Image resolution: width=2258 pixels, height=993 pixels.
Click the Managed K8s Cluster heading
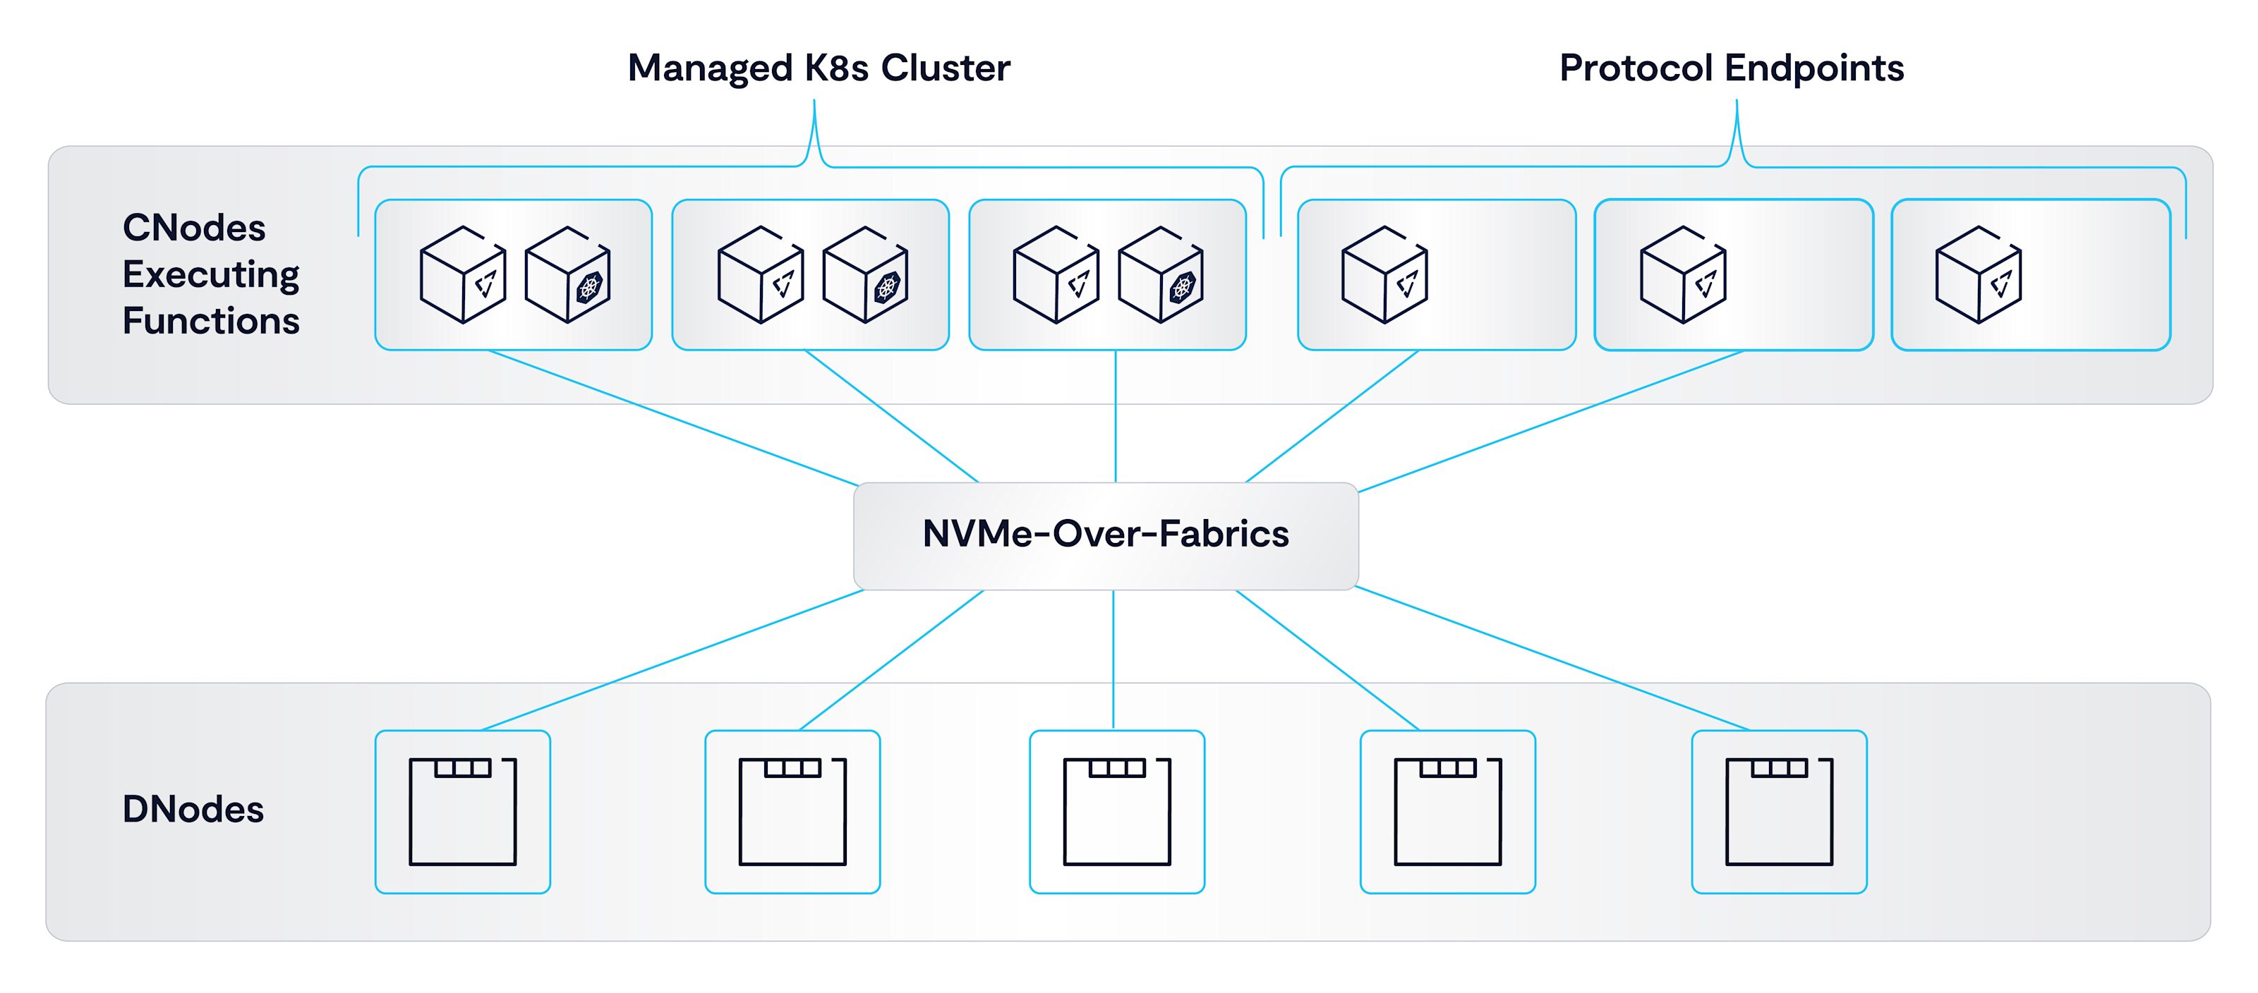819,68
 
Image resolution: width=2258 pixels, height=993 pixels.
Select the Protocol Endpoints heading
1731,68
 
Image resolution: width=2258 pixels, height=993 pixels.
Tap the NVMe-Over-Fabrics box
1105,535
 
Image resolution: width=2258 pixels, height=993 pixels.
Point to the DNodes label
193,809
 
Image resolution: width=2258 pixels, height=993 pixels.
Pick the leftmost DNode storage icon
463,812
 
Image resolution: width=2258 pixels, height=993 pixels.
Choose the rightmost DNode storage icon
1780,812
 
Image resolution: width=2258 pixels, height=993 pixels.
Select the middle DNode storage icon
1117,812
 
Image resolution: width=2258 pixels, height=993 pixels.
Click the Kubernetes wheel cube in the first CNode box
567,275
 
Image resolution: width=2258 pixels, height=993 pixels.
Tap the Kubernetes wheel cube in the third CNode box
1161,275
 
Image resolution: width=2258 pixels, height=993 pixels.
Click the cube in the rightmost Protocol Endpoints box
1979,275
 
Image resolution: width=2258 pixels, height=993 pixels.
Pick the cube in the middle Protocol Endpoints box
1683,275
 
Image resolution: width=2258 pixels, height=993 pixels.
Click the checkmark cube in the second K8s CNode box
760,275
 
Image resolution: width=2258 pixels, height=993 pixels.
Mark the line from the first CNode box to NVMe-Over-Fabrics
673,418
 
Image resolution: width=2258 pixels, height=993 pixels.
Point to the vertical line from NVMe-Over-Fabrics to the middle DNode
1113,659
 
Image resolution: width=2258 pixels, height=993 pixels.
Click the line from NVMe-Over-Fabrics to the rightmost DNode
1552,658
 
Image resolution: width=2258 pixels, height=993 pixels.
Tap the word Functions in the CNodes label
210,321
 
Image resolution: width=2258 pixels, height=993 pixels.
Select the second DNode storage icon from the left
792,812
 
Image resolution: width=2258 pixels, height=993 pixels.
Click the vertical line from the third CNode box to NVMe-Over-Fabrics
1115,416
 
